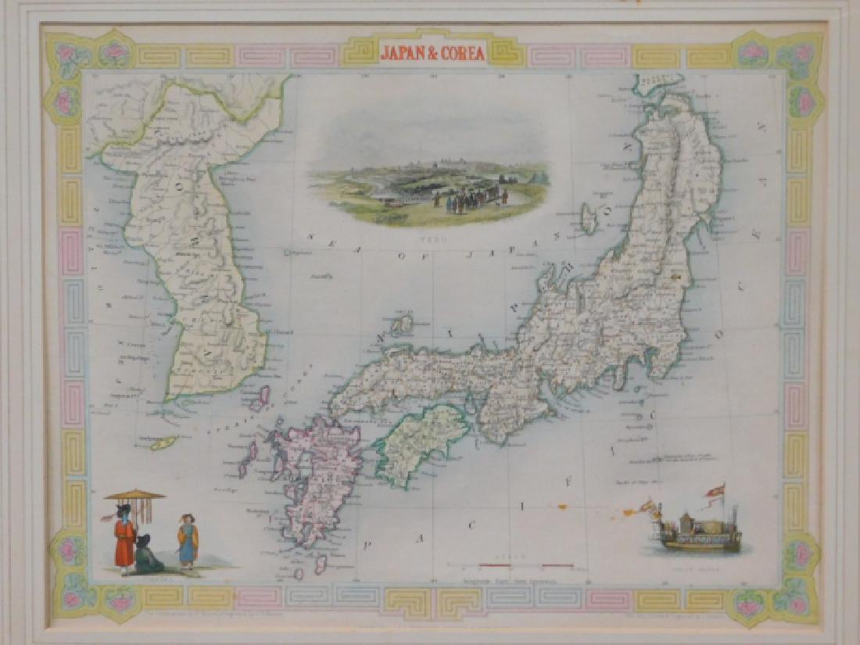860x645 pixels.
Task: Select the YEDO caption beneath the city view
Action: coord(429,233)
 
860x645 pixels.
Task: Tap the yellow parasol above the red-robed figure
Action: coord(134,494)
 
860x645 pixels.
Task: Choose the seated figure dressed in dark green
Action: coord(147,554)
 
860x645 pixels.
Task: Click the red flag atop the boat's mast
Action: coord(715,489)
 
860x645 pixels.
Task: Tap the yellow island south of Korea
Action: coord(164,443)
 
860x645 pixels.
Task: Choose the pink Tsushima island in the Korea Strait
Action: coord(259,398)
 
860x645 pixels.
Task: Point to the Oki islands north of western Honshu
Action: coord(402,323)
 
